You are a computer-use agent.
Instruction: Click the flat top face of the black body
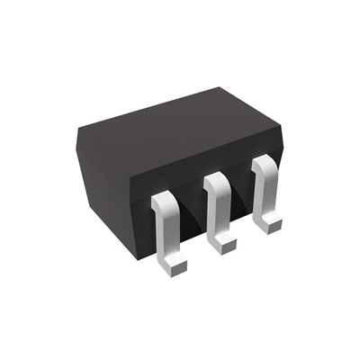[x=175, y=135]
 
